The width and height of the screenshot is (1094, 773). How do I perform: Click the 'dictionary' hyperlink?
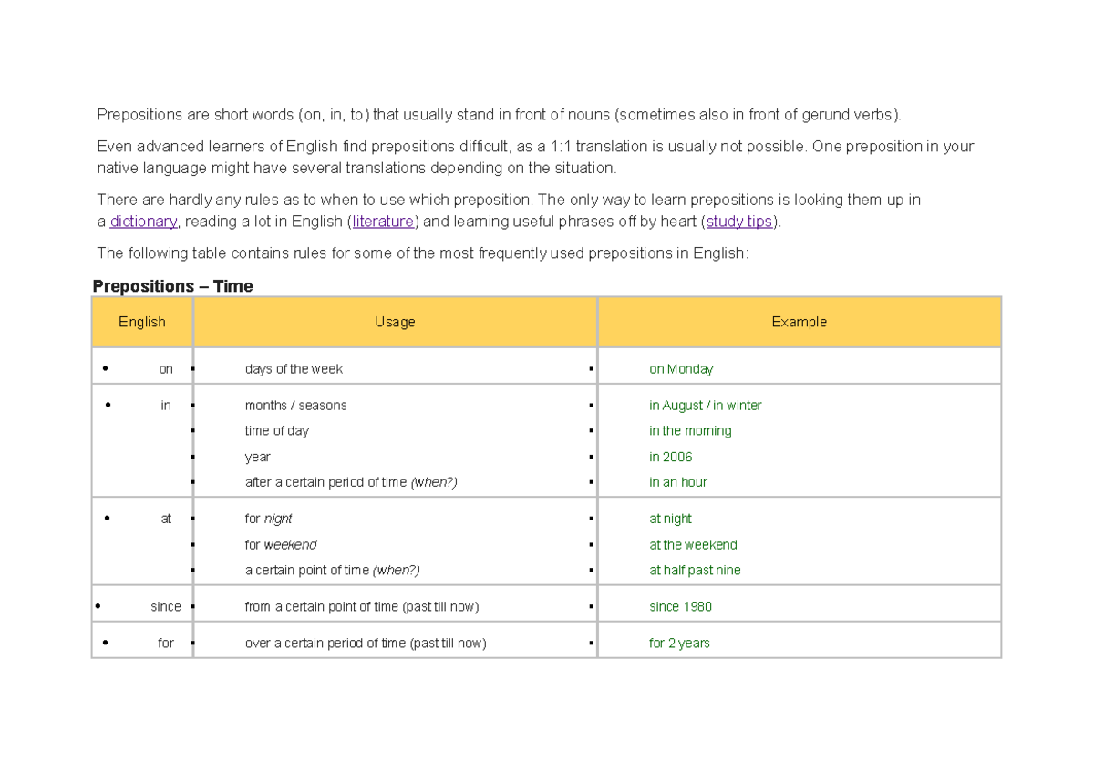pyautogui.click(x=143, y=222)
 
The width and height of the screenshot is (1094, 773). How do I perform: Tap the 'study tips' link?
pyautogui.click(x=739, y=222)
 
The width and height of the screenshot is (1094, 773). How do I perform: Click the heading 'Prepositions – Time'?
pyautogui.click(x=173, y=286)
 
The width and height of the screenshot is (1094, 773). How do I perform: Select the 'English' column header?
pyautogui.click(x=142, y=322)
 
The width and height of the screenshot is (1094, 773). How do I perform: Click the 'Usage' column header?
pyautogui.click(x=395, y=322)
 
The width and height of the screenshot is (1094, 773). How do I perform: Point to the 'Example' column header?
pyautogui.click(x=799, y=322)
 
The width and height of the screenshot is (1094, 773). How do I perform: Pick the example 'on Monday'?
pyautogui.click(x=681, y=369)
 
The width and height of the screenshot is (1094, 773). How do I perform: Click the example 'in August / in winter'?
pyautogui.click(x=705, y=406)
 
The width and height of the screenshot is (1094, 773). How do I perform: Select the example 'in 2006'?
pyautogui.click(x=670, y=457)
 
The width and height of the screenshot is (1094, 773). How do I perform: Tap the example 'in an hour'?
pyautogui.click(x=678, y=482)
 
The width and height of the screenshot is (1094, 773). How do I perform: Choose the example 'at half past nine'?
pyautogui.click(x=695, y=570)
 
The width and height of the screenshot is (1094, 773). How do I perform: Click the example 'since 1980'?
pyautogui.click(x=680, y=606)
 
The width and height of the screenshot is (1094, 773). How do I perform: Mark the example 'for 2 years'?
pyautogui.click(x=679, y=643)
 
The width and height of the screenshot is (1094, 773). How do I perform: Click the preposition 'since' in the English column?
pyautogui.click(x=166, y=606)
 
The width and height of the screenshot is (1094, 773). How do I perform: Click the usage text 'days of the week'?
pyautogui.click(x=294, y=369)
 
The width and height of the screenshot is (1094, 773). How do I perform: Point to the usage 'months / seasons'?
pyautogui.click(x=295, y=406)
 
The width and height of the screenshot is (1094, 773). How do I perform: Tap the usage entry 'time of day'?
pyautogui.click(x=276, y=431)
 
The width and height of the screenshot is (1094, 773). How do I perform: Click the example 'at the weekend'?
pyautogui.click(x=693, y=544)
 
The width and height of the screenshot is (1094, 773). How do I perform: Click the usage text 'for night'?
pyautogui.click(x=268, y=519)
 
